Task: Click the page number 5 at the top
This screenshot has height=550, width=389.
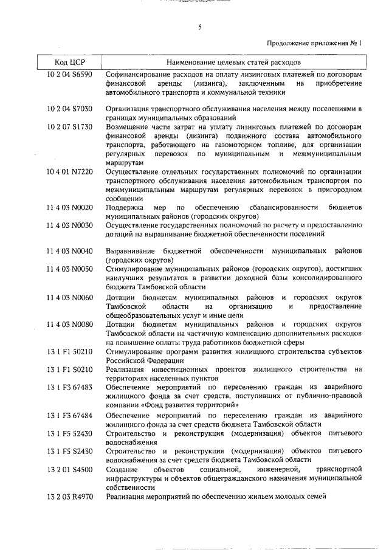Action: click(x=199, y=27)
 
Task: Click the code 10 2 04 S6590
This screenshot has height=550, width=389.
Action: click(x=69, y=75)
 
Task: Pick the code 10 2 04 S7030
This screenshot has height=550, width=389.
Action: click(x=69, y=109)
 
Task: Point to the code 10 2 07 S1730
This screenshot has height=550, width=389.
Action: click(x=69, y=126)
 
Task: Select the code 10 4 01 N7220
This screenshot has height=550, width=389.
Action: click(x=69, y=172)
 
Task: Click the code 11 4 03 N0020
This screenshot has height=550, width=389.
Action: click(x=69, y=208)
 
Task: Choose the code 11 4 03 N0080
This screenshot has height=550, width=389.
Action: click(x=69, y=325)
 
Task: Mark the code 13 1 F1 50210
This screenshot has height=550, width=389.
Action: click(x=69, y=351)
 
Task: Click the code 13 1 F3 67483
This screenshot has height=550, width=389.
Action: click(x=69, y=387)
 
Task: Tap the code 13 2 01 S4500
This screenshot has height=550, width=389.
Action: click(x=69, y=469)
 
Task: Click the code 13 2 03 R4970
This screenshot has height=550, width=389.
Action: click(x=69, y=497)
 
